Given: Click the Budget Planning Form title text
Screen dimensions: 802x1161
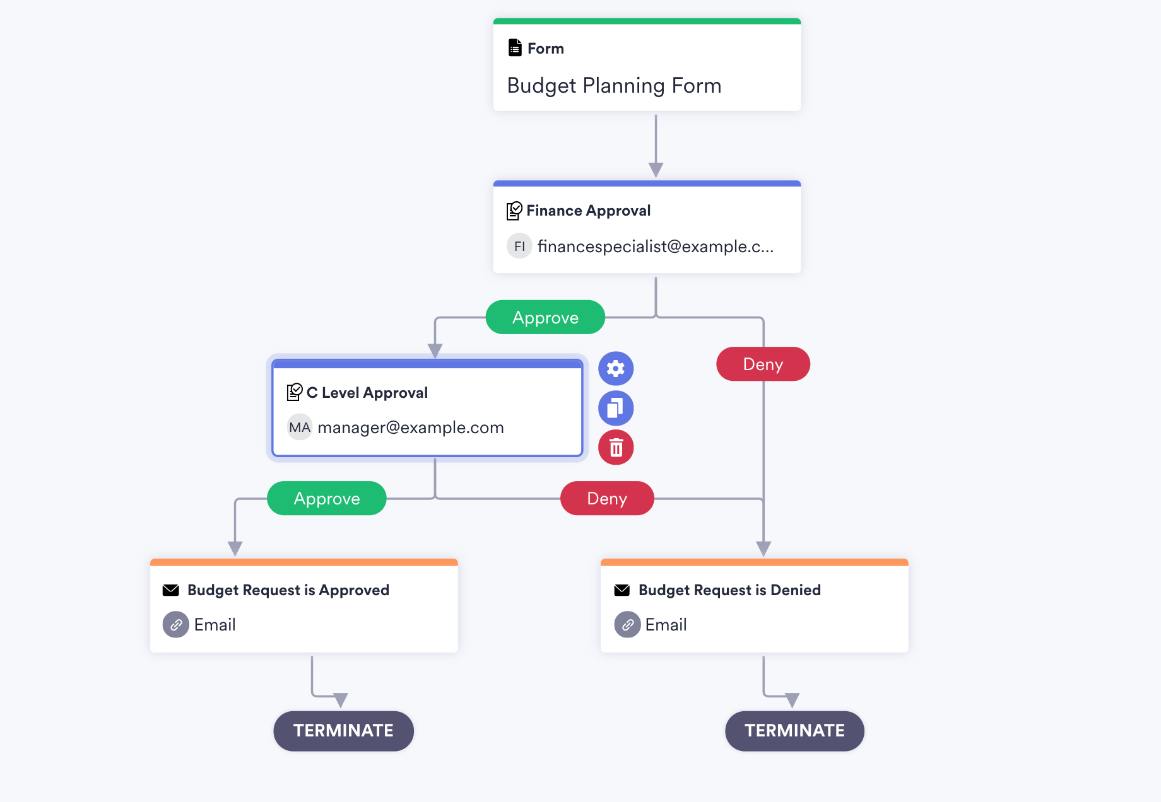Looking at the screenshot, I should [x=614, y=86].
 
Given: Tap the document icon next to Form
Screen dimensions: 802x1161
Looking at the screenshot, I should [x=515, y=48].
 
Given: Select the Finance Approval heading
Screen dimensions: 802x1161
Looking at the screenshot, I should [x=588, y=211].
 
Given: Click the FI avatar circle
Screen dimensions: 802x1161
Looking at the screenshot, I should [x=519, y=247].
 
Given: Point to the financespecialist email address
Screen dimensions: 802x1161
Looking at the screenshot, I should [x=655, y=247].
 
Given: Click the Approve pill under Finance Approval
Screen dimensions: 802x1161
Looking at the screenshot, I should [x=545, y=318].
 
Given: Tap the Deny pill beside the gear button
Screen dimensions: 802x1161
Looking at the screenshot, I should [x=763, y=364].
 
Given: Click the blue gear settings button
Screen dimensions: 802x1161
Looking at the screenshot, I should [x=616, y=368].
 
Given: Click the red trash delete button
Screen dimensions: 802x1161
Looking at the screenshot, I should [x=616, y=448].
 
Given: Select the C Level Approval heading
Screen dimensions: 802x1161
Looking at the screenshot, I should [x=367, y=393].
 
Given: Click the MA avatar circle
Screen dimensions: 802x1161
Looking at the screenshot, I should [x=300, y=427].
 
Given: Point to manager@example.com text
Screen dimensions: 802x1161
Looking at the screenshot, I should [x=411, y=427].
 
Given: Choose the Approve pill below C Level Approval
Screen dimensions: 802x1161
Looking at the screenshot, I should [x=327, y=499].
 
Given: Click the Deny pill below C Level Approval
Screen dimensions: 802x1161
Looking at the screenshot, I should [x=607, y=499].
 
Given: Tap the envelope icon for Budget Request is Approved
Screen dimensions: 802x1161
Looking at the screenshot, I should [x=171, y=590].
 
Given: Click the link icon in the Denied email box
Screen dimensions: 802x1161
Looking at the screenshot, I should [x=627, y=625].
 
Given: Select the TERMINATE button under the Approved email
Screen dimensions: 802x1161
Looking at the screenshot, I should [x=343, y=731].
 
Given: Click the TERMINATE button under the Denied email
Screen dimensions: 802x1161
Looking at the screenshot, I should [x=794, y=731].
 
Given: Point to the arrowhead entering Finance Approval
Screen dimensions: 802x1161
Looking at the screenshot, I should [x=656, y=170].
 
